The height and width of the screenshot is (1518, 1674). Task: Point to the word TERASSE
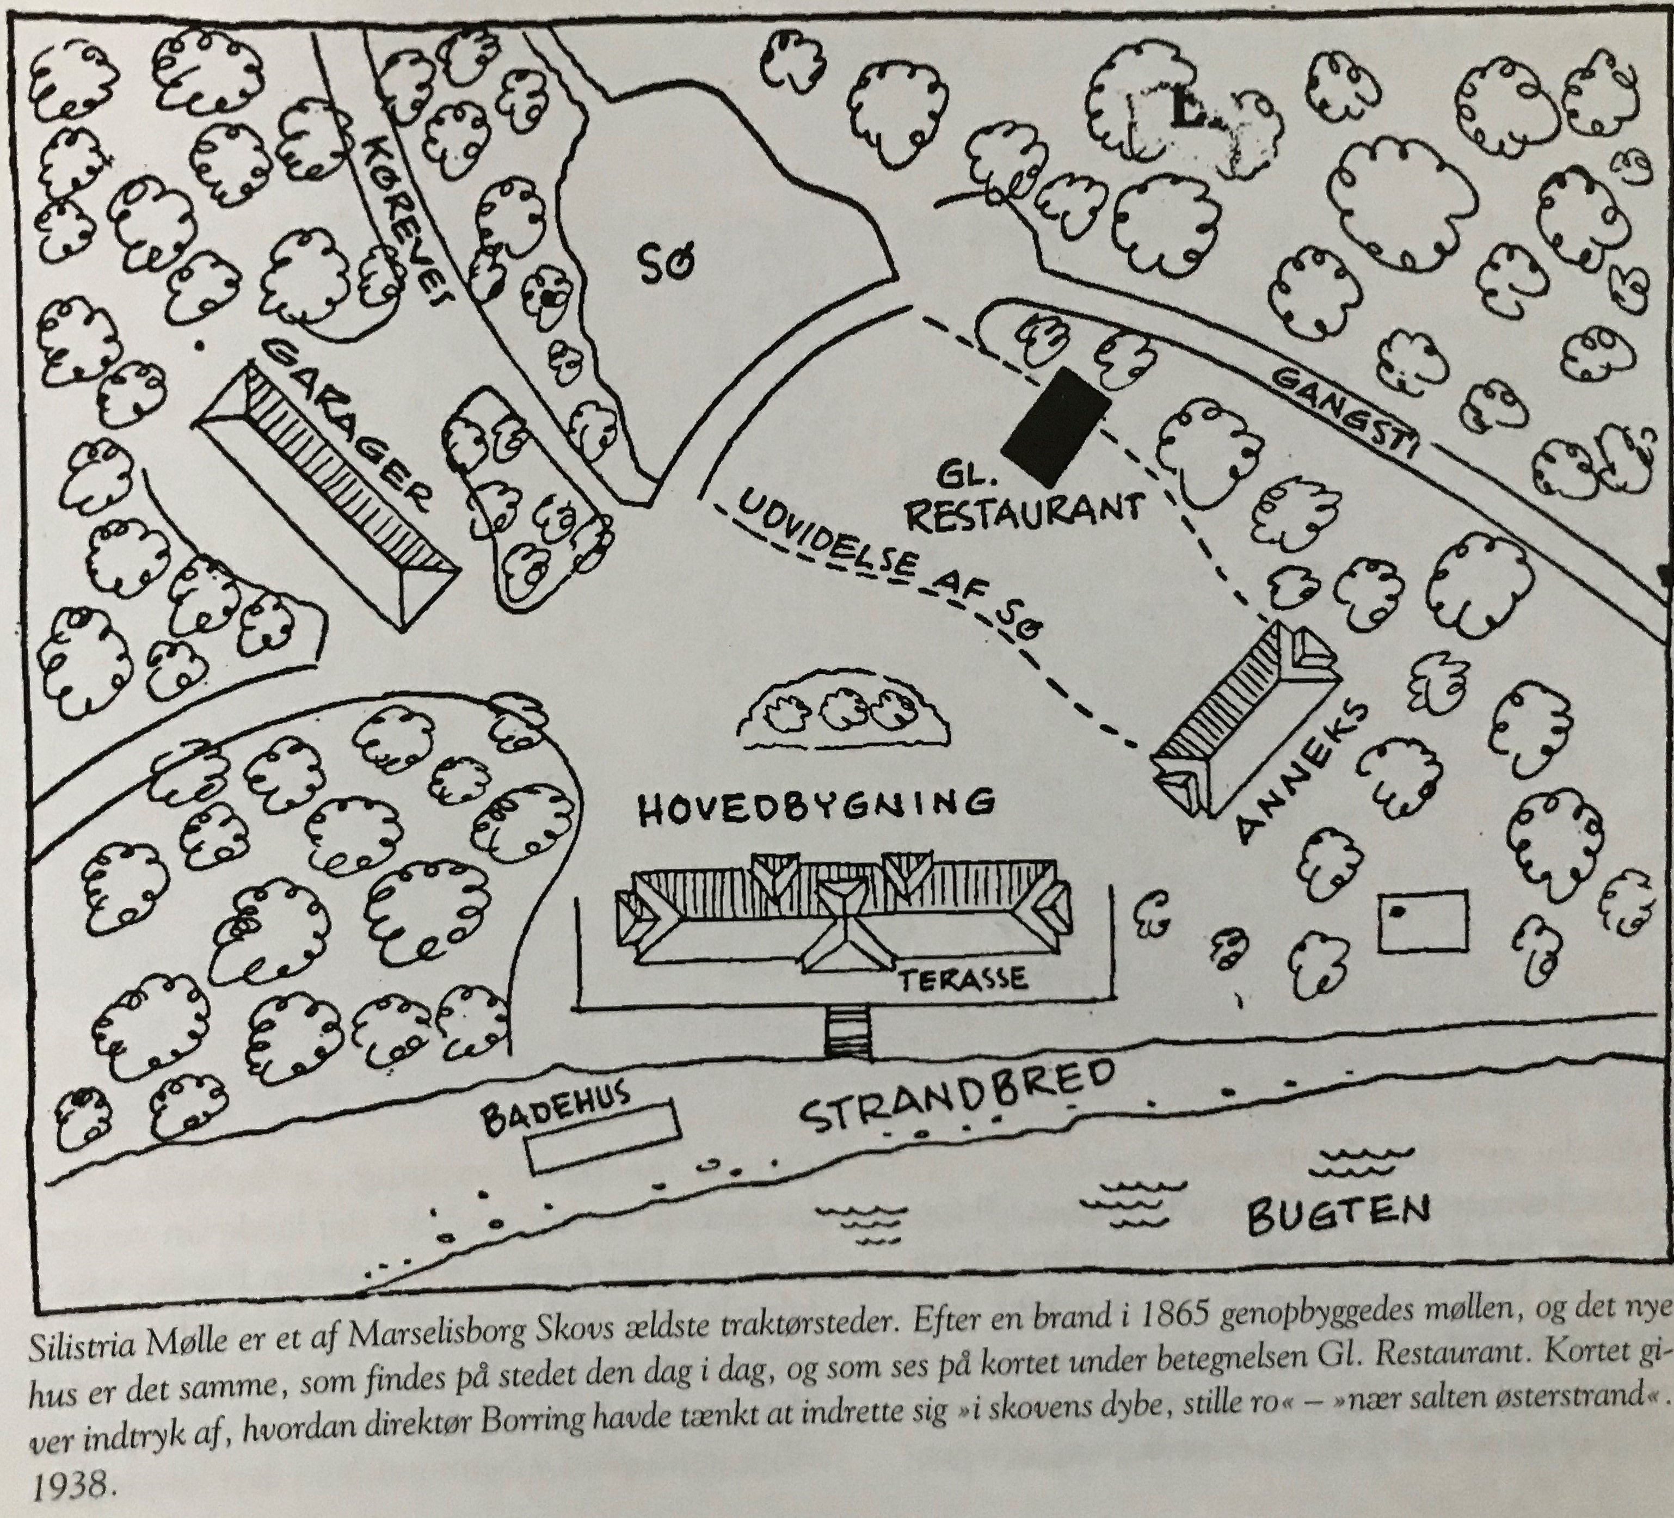click(x=963, y=978)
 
